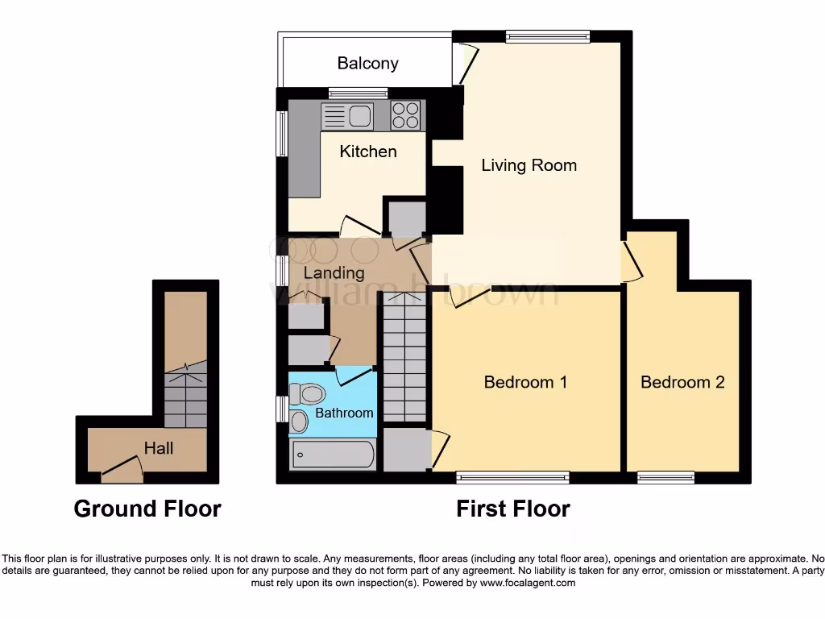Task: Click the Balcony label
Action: click(x=367, y=64)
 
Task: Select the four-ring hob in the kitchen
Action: click(x=407, y=115)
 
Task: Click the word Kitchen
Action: click(x=368, y=152)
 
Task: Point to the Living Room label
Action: click(x=529, y=165)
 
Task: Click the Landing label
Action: click(x=334, y=272)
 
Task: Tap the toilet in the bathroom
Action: click(x=309, y=394)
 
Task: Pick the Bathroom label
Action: click(x=344, y=413)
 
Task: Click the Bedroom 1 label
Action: click(x=525, y=382)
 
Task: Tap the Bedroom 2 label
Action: click(x=682, y=382)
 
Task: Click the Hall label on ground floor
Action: click(x=159, y=447)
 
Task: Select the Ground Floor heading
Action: click(x=147, y=509)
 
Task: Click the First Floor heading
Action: click(x=513, y=509)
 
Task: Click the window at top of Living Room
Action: click(x=548, y=36)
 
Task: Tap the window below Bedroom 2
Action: click(x=665, y=478)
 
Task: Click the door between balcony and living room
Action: click(x=466, y=64)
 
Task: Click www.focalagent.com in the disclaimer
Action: click(x=527, y=583)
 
